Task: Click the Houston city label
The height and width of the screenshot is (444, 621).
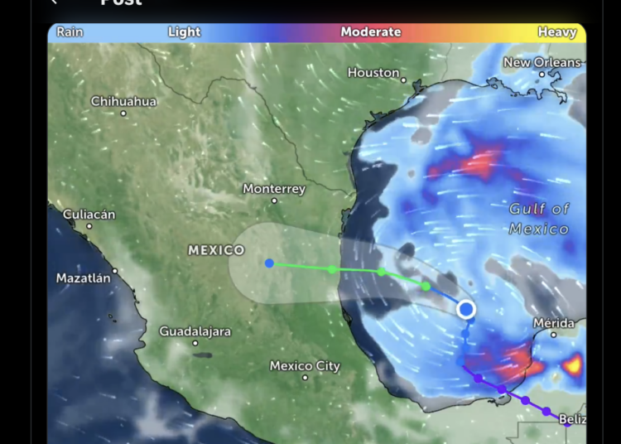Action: [x=373, y=73]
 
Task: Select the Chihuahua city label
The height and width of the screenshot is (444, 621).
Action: [x=123, y=101]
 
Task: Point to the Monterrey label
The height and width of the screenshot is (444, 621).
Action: [x=274, y=189]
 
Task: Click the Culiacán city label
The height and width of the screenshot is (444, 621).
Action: [x=89, y=215]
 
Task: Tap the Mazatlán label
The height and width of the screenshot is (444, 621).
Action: [x=83, y=278]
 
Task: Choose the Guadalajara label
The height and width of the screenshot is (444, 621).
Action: [x=195, y=331]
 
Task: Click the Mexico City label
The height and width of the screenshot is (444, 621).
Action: [x=305, y=366]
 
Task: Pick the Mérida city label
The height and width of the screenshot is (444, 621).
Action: [x=554, y=322]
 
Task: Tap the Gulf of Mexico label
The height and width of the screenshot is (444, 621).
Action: [x=539, y=219]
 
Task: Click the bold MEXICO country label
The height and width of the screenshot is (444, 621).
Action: [x=216, y=250]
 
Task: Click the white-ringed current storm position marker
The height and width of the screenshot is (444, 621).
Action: [x=466, y=310]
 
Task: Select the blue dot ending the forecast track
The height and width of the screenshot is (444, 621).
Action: [x=269, y=263]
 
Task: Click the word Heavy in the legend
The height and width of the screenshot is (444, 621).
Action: [x=556, y=32]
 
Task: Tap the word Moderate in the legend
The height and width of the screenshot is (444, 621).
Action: [x=371, y=32]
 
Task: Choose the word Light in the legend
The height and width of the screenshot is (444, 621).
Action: [x=184, y=32]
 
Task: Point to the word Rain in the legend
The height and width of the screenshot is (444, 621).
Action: [x=70, y=32]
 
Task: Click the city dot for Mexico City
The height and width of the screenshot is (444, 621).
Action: [x=305, y=378]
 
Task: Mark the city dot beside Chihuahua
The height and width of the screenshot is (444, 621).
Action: [x=123, y=113]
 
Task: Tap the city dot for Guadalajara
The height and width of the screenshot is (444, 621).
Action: [x=195, y=343]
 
